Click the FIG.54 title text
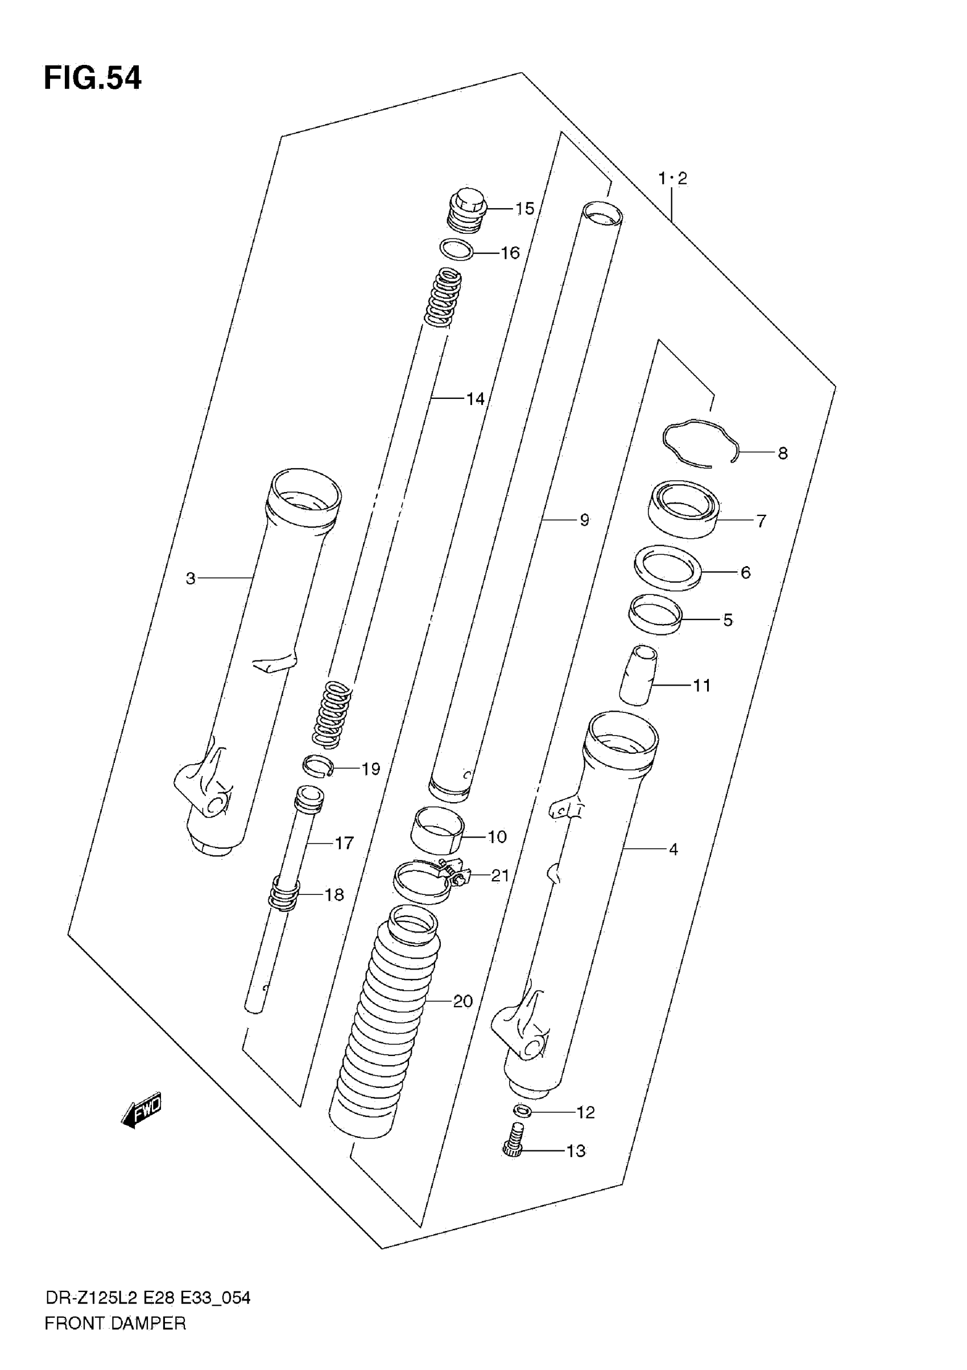tap(93, 78)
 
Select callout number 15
tap(524, 209)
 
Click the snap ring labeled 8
tap(700, 443)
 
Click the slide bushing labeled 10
tap(437, 830)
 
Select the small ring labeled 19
tap(318, 766)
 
